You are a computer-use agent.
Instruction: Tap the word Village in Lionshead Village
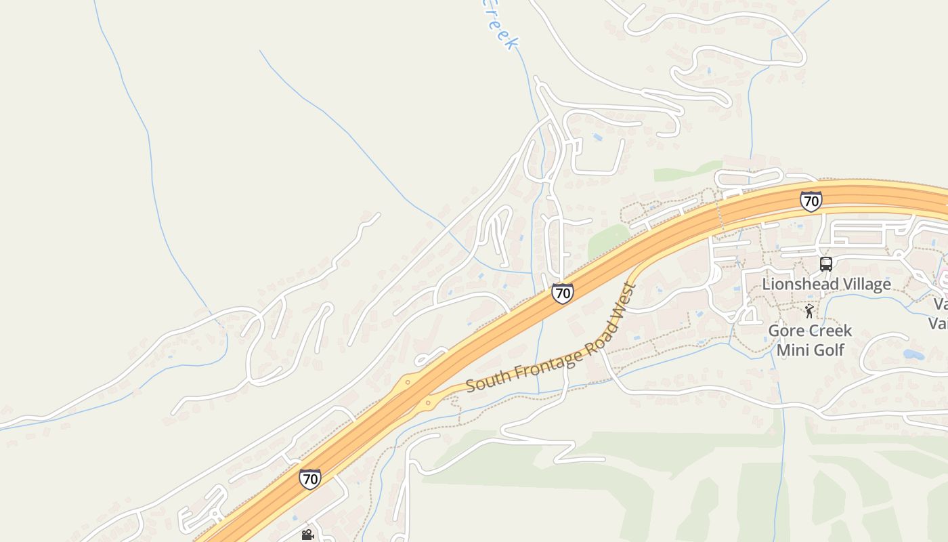coord(867,284)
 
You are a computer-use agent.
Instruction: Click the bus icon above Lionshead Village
coord(826,264)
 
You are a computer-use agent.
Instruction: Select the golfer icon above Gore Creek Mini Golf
coord(809,311)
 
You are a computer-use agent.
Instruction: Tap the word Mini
coord(792,350)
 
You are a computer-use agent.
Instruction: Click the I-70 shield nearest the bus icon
coord(811,201)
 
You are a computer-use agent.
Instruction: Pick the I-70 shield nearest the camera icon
coord(310,479)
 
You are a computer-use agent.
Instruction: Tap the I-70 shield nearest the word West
coord(562,293)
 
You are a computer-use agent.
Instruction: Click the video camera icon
coord(307,535)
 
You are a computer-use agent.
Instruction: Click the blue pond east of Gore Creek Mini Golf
coord(913,354)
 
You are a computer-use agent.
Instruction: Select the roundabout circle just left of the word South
coord(427,404)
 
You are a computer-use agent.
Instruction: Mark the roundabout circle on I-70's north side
coord(408,382)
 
